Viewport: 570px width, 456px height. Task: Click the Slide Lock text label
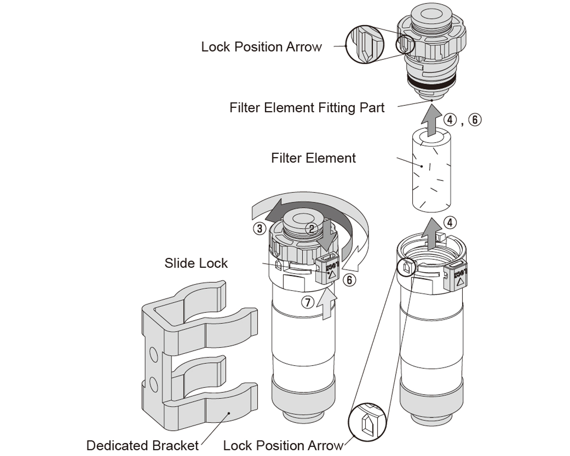(x=196, y=263)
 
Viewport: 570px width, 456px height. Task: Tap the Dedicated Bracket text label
(x=142, y=446)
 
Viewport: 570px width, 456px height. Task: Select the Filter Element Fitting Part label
(x=307, y=108)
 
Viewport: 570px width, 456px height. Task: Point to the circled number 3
(x=259, y=228)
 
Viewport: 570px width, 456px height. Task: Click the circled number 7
(x=309, y=302)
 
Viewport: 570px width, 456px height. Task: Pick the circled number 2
(x=311, y=228)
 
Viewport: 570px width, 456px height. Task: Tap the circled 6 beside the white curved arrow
(x=349, y=279)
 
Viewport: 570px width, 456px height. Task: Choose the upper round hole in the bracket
(x=153, y=354)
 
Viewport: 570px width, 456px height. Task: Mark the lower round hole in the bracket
(x=153, y=383)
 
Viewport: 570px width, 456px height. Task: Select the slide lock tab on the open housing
(x=457, y=275)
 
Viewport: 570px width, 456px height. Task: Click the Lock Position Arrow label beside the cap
(x=261, y=47)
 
